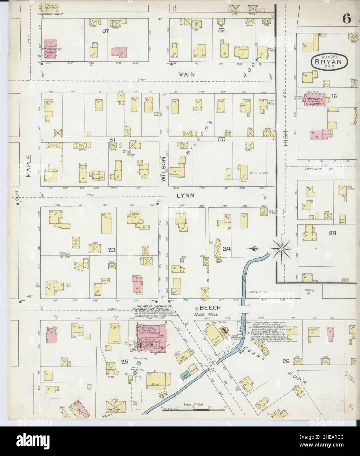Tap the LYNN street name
[x=186, y=196]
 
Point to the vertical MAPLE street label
[x=29, y=166]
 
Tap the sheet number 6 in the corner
[x=347, y=19]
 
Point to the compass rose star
[x=281, y=249]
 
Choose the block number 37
[x=105, y=31]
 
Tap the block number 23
[x=112, y=250]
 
